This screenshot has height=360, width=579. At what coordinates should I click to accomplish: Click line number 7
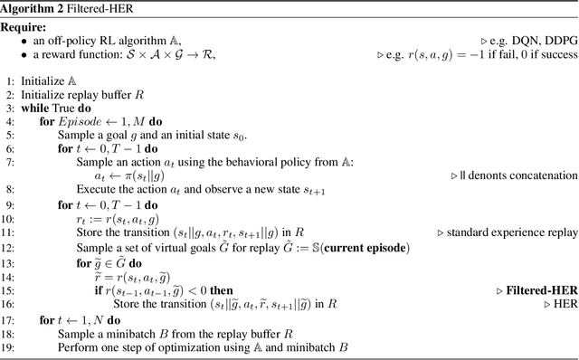(8, 161)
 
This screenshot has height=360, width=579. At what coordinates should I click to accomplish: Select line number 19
(8, 347)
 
